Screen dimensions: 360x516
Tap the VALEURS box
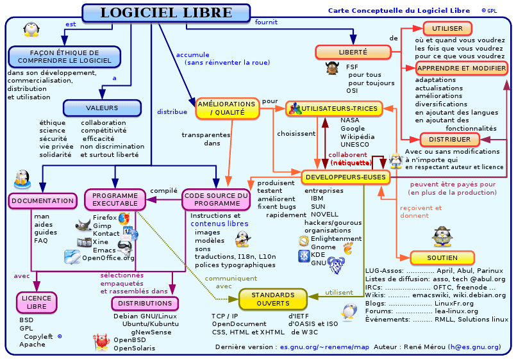[x=101, y=107]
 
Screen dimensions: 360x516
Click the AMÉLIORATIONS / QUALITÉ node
[x=226, y=108]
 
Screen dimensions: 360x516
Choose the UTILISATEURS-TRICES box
[x=334, y=109]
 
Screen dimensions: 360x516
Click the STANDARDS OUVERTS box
[x=273, y=299]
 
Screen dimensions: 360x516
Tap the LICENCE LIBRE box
[x=37, y=302]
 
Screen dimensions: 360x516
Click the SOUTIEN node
[x=442, y=258]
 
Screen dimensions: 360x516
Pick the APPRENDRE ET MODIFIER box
[x=462, y=68]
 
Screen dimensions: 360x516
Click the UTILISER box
[x=447, y=29]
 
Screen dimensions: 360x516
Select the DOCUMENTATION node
[x=43, y=200]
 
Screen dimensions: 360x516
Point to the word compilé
[x=163, y=190]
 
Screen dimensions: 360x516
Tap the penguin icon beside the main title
[x=30, y=29]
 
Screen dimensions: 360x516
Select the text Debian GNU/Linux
[x=145, y=316]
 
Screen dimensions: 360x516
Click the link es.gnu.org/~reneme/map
[x=324, y=347]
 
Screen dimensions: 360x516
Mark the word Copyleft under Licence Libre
[x=38, y=336]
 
